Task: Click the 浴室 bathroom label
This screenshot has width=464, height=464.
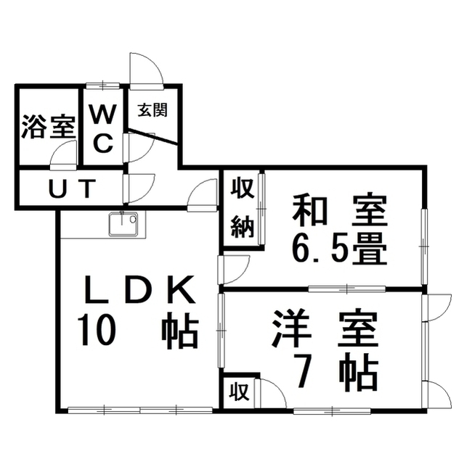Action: (x=49, y=127)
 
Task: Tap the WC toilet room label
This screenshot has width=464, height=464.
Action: (x=102, y=130)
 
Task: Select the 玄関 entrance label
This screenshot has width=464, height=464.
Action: (x=152, y=110)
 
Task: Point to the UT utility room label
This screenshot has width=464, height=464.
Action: (x=73, y=188)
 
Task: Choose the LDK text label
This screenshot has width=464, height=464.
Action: (x=140, y=289)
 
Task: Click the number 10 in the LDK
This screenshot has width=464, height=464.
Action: (x=95, y=331)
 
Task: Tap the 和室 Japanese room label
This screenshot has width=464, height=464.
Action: (x=340, y=211)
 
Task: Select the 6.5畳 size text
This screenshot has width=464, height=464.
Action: (x=340, y=249)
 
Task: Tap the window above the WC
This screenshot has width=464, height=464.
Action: (x=103, y=86)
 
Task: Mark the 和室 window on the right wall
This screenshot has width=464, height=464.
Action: (x=424, y=246)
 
